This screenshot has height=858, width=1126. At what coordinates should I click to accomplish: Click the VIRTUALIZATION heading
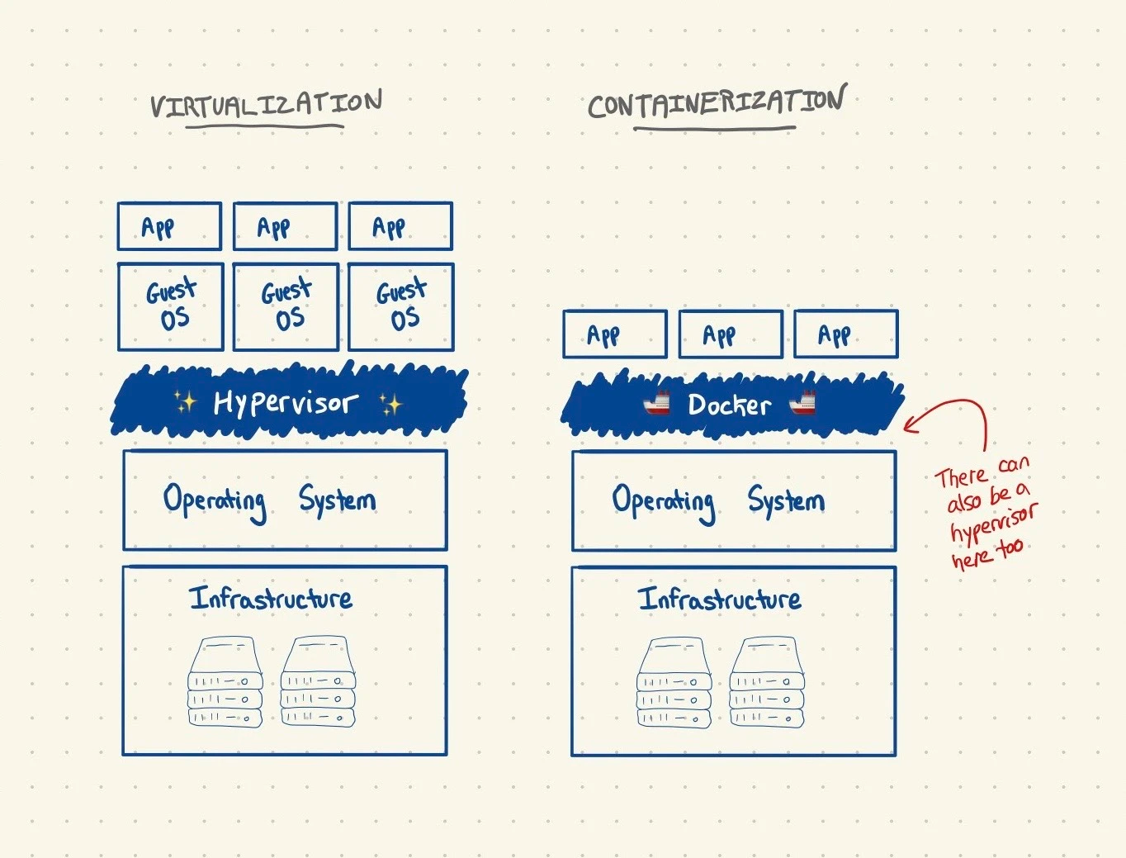point(266,105)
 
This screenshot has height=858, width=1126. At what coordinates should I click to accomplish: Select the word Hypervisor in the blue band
point(286,403)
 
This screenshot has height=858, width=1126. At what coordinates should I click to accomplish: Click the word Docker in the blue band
point(730,405)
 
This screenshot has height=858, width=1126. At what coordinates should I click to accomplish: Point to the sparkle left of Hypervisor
point(185,402)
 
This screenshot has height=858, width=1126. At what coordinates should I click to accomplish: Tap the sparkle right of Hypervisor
point(390,404)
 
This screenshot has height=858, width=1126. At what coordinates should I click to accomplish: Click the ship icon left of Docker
point(657,403)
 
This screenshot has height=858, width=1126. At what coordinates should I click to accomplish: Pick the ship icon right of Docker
point(802,403)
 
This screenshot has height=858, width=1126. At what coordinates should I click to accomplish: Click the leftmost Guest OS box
point(170,306)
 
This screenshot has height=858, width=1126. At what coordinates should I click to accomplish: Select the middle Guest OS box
point(286,306)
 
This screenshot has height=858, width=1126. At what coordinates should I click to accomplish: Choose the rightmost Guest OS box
point(401,306)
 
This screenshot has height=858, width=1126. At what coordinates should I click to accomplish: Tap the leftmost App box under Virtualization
point(169,226)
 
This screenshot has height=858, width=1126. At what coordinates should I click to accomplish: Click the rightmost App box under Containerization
point(845,334)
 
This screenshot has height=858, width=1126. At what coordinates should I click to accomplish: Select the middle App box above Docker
point(731,334)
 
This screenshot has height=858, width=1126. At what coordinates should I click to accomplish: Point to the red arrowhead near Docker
point(909,425)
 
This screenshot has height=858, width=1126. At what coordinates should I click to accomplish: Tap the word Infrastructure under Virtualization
point(271,598)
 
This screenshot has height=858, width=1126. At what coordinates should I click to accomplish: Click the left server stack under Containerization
point(674,683)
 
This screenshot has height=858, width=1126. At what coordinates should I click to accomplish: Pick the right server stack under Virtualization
point(318,682)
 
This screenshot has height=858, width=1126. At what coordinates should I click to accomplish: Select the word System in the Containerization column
point(786,500)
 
